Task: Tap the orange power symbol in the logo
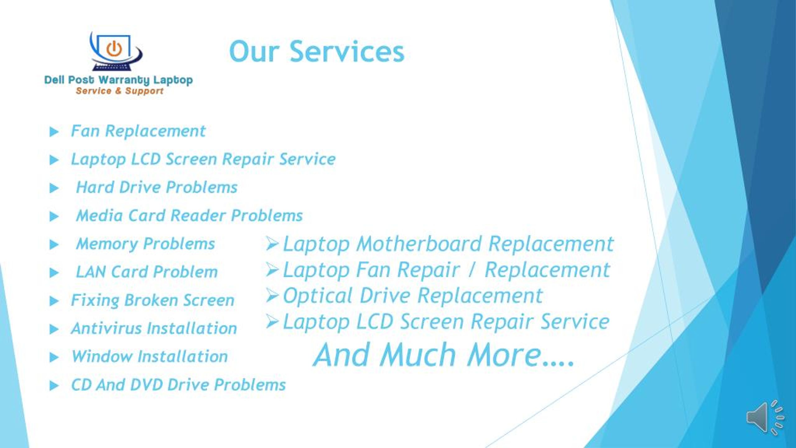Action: click(x=114, y=49)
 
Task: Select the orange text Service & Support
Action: click(x=119, y=91)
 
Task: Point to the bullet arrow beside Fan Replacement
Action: click(x=54, y=132)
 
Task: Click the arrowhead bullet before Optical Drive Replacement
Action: click(x=272, y=295)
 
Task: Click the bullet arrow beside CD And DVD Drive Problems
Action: click(x=54, y=386)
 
